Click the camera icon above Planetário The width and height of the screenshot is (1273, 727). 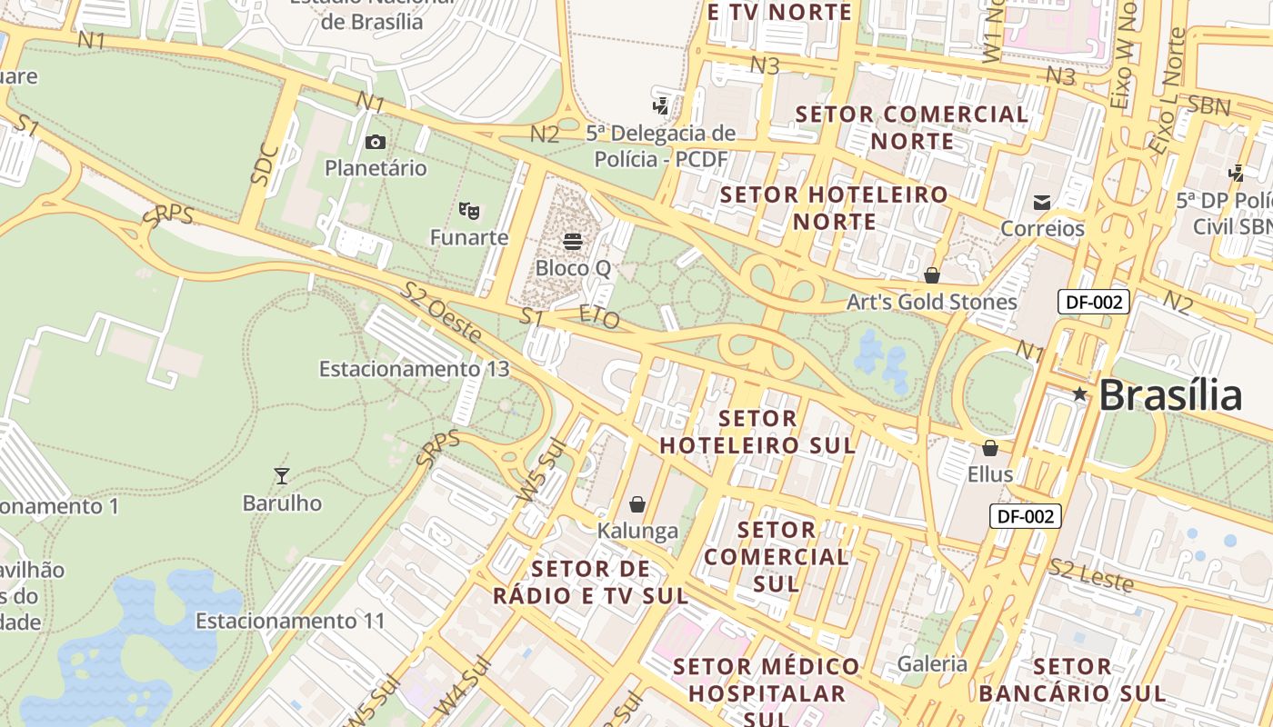coord(375,142)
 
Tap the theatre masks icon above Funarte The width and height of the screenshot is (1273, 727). coord(469,211)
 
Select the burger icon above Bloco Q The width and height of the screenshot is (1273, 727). coord(573,241)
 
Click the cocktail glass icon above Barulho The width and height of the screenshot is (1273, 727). coord(282,475)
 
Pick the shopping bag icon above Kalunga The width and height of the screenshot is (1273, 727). coord(637,503)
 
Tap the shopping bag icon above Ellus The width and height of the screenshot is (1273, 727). coord(990,447)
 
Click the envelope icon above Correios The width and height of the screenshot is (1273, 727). coord(1042,202)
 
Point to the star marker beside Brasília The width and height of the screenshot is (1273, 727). coord(1079,394)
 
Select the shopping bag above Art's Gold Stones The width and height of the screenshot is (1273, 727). coord(932,274)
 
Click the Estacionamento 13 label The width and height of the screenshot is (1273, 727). coord(414,369)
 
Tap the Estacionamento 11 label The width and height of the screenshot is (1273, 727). coord(290,622)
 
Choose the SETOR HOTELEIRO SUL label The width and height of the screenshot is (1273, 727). coord(757,432)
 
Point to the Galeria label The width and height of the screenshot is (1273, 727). coord(932,663)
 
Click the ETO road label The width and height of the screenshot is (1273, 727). coord(599,318)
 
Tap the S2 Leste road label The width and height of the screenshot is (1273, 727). coord(1090,574)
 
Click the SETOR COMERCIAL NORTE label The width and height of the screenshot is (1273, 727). coord(912,127)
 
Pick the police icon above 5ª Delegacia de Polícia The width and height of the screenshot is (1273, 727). coord(661,105)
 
